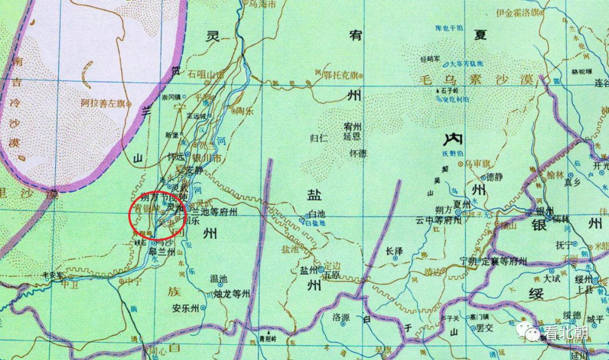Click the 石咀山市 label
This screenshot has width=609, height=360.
[206, 74]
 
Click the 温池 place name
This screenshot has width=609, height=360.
[218, 278]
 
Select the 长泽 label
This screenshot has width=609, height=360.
[395, 251]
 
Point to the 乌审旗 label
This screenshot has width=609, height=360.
[475, 163]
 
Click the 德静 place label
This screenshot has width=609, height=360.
[493, 177]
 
